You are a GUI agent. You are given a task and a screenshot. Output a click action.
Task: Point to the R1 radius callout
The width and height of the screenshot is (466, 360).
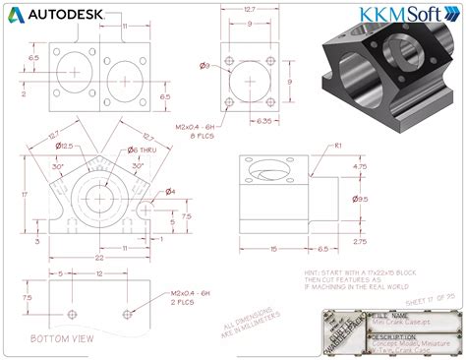337,146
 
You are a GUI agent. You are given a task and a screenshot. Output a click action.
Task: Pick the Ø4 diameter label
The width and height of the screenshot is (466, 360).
169,192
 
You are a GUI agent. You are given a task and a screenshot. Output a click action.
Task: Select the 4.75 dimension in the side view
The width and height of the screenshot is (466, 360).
359,167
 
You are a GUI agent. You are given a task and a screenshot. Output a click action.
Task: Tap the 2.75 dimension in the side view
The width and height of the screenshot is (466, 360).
359,240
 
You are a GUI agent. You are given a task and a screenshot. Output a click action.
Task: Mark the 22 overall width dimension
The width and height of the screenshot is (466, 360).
99,258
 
